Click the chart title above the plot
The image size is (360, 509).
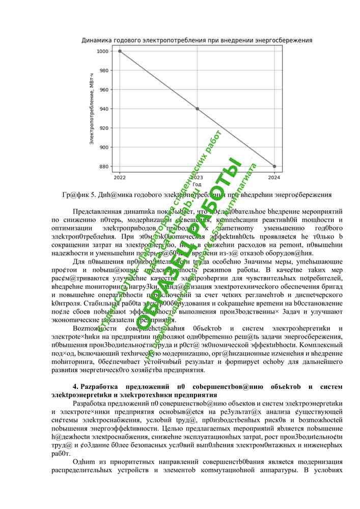pos(197,40)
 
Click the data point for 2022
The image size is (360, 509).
pos(120,51)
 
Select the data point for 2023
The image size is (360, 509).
pos(197,108)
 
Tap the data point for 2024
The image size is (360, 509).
pos(274,166)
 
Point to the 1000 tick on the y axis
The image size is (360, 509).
pos(103,51)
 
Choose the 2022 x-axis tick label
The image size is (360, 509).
pos(120,178)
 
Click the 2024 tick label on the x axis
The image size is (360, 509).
pos(274,178)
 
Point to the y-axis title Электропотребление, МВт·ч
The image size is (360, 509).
pos(92,109)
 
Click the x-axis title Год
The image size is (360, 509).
pos(197,184)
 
